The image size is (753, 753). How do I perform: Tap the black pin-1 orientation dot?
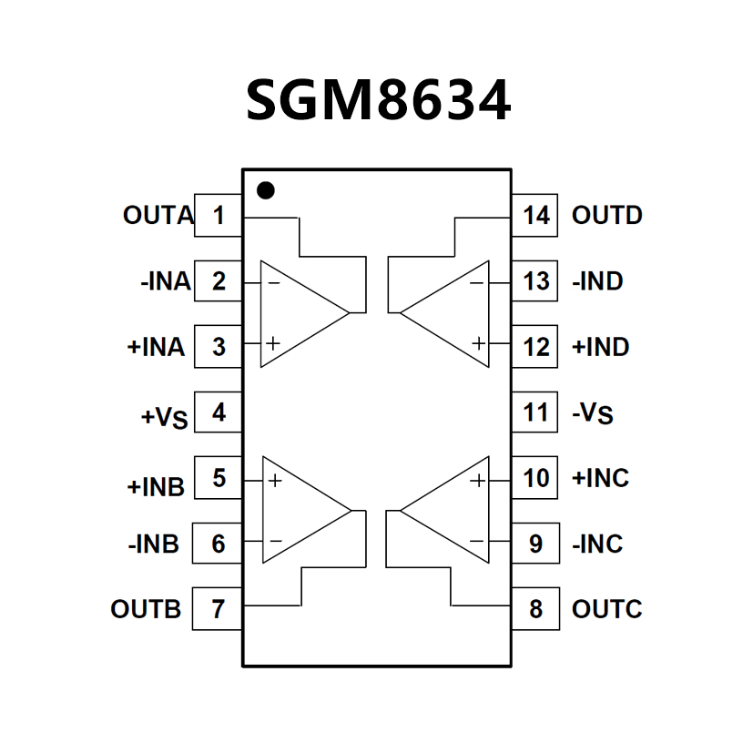pyautogui.click(x=265, y=191)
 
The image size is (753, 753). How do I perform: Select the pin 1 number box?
pyautogui.click(x=219, y=216)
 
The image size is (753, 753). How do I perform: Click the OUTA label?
pyautogui.click(x=158, y=216)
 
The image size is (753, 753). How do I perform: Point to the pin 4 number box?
pyautogui.click(x=219, y=412)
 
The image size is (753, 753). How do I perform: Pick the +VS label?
pyautogui.click(x=164, y=417)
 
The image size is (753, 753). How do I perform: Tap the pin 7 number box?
pyautogui.click(x=219, y=608)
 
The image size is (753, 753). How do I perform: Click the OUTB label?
pyautogui.click(x=146, y=608)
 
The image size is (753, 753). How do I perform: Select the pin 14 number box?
pyautogui.click(x=535, y=216)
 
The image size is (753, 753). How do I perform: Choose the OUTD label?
pyautogui.click(x=607, y=216)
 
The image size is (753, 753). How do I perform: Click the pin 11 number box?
pyautogui.click(x=535, y=412)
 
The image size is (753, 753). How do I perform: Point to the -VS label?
pyautogui.click(x=593, y=414)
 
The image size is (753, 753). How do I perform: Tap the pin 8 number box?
pyautogui.click(x=535, y=608)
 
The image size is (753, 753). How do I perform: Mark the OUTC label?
pyautogui.click(x=607, y=608)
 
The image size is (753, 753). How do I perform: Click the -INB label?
pyautogui.click(x=154, y=544)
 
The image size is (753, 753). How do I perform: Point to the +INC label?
pyautogui.click(x=600, y=477)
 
